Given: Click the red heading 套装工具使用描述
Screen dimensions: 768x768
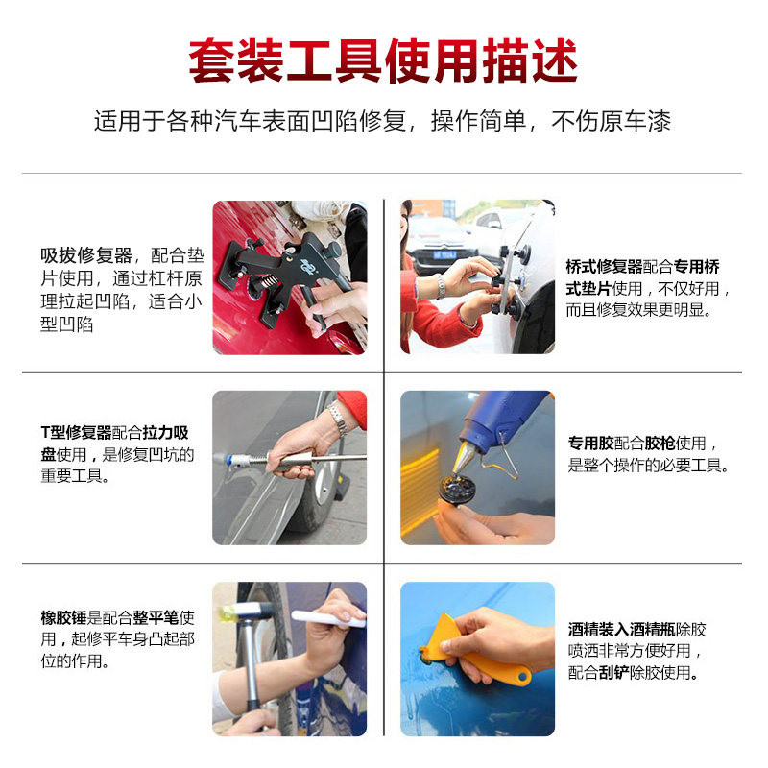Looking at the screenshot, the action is coord(383,60).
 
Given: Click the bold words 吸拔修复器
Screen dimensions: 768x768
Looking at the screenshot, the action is coord(86,255).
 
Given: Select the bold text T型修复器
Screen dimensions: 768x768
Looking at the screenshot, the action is coord(77,433).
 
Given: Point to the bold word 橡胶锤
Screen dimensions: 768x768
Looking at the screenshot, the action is coord(63,617).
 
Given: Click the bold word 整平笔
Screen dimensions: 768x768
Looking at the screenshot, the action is coord(156,617).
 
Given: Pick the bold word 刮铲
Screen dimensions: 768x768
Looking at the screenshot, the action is coord(613,673).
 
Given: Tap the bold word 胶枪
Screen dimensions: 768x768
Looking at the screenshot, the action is coord(660,443).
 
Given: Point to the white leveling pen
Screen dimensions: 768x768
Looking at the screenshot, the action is coord(328,618).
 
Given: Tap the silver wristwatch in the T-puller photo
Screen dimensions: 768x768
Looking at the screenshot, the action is coord(338,418).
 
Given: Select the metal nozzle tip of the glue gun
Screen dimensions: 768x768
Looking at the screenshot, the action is coord(463,457).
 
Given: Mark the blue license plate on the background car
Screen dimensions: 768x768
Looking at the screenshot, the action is coord(444,255).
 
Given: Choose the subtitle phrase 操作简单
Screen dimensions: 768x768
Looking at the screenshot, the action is coord(478,121).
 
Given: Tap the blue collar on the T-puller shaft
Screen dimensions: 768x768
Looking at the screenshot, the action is coord(229,461).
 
